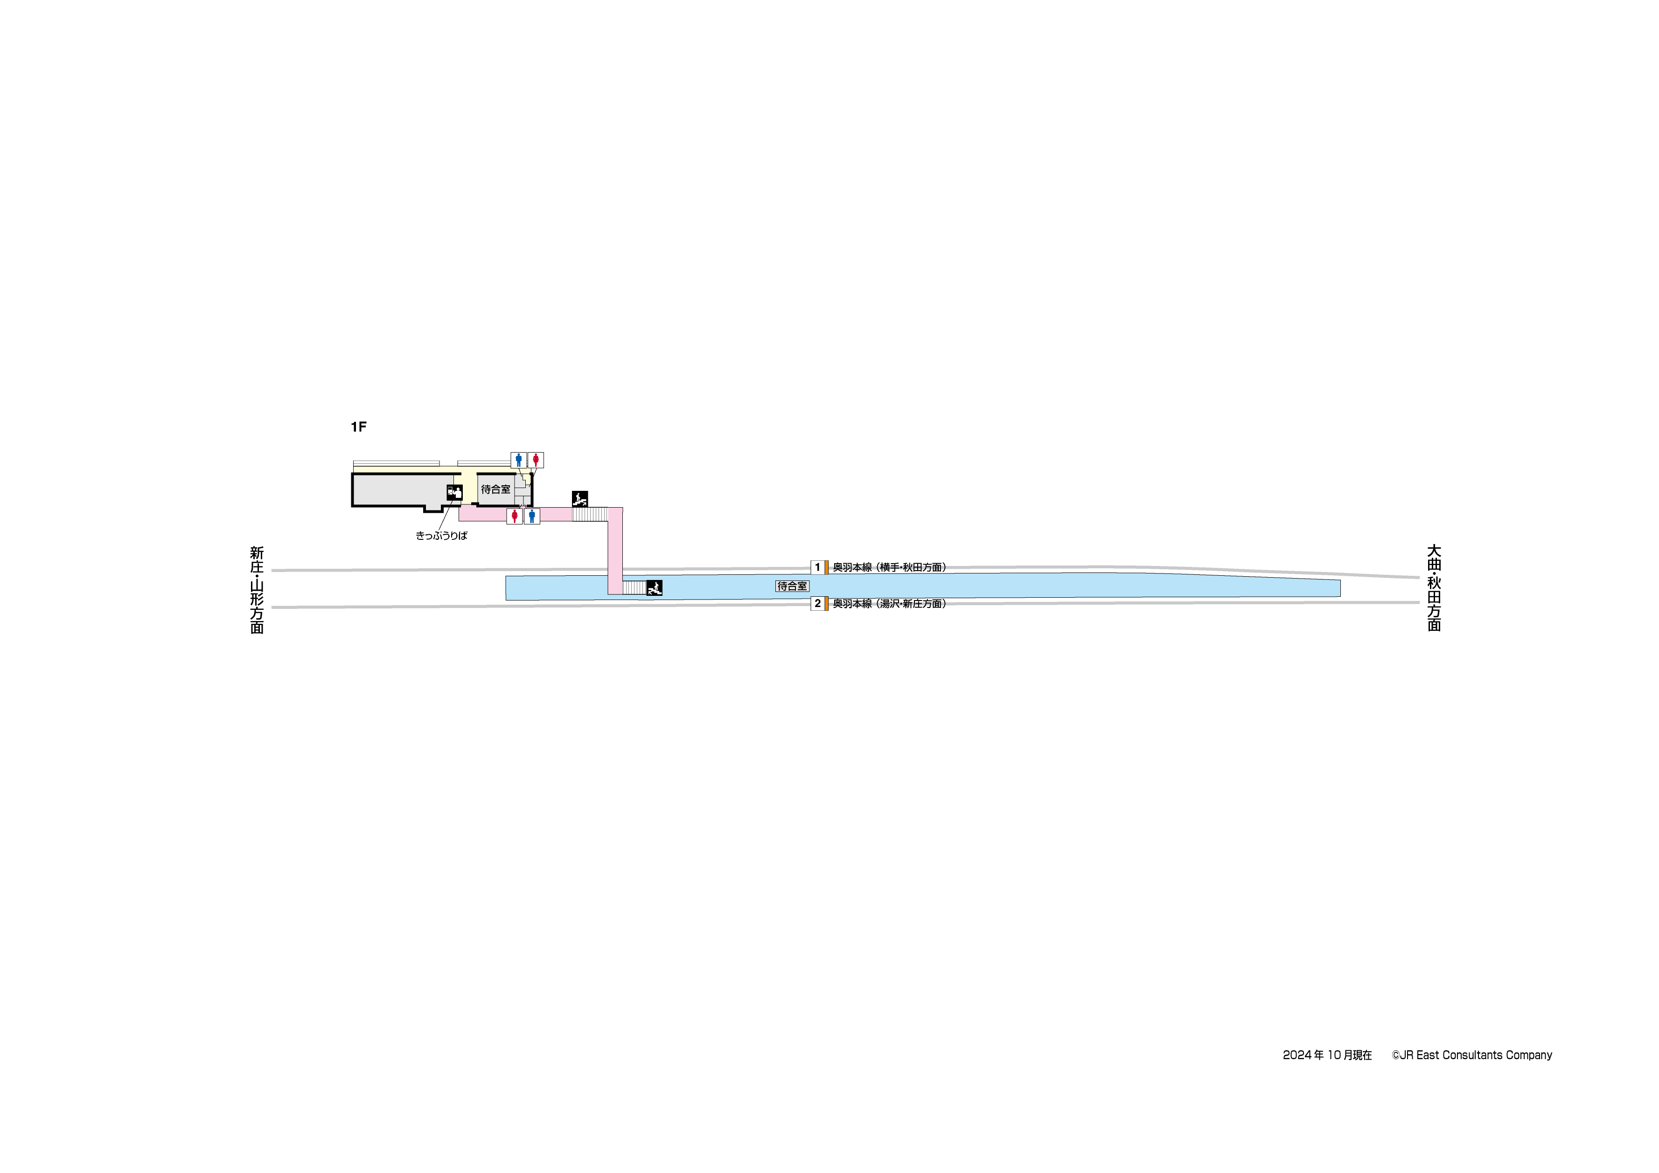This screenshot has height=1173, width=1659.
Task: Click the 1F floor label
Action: click(x=358, y=427)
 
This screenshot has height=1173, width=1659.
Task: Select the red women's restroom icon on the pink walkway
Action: click(x=515, y=516)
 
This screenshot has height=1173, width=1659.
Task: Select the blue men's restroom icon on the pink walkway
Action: click(x=532, y=516)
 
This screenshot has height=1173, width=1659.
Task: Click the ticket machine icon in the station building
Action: click(x=454, y=492)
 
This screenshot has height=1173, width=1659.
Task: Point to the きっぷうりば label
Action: click(x=441, y=536)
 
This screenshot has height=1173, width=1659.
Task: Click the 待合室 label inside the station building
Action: click(x=495, y=489)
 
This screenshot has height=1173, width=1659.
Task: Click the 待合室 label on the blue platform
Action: click(x=793, y=586)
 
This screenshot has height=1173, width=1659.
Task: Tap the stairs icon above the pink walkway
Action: click(x=579, y=499)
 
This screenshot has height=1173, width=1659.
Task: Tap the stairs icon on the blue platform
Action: click(x=655, y=587)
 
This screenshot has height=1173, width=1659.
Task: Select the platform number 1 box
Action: click(x=818, y=567)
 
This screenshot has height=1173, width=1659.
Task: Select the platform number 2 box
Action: click(x=818, y=603)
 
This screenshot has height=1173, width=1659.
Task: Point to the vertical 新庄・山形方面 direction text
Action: click(x=257, y=590)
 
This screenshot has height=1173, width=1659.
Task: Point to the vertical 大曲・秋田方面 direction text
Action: click(x=1434, y=587)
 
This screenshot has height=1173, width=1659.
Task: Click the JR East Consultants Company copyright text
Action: click(x=1472, y=1055)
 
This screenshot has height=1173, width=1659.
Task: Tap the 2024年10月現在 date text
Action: click(x=1327, y=1055)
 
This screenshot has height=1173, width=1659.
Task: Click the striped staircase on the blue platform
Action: click(x=634, y=587)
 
